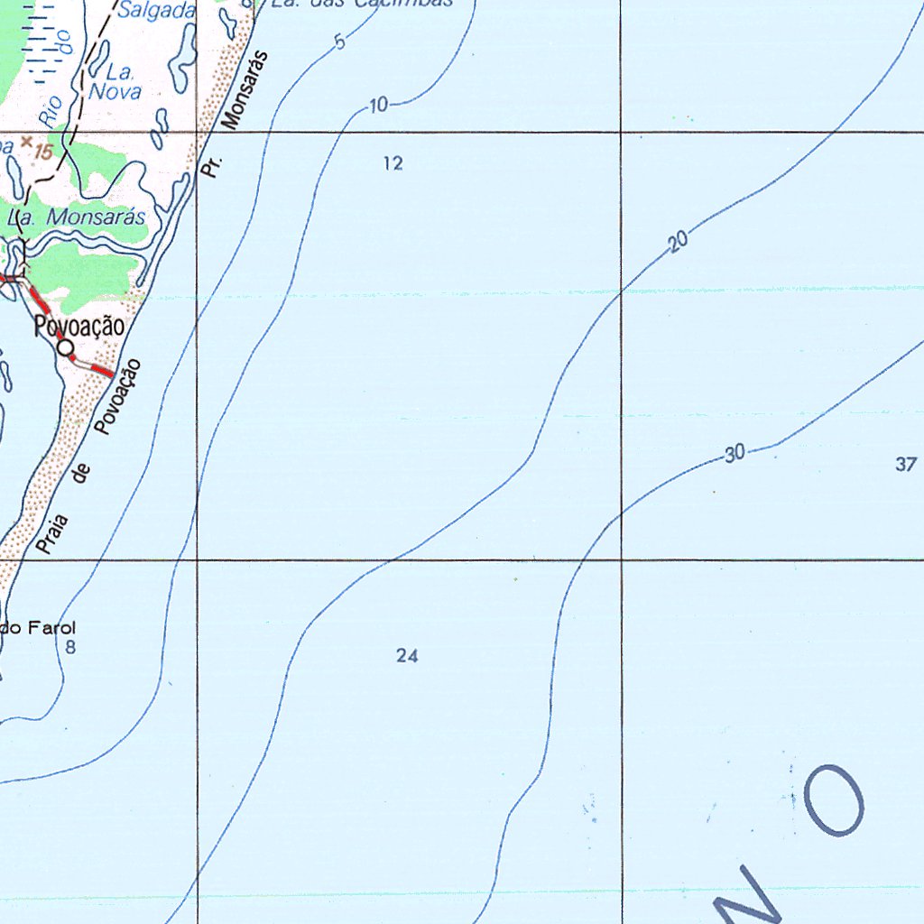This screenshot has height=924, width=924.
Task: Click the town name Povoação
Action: point(79,327)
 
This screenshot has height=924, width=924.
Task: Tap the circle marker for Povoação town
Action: point(65,347)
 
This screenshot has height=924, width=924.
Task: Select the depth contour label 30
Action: point(735,454)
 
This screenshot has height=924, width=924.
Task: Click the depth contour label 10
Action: point(378,106)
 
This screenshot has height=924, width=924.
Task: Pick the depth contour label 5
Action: point(339,42)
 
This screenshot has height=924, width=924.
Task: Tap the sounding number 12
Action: point(393,163)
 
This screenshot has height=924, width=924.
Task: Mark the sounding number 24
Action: point(407,656)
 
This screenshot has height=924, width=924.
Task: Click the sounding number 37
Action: point(906,465)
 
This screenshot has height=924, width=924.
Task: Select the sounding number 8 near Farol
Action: point(70,647)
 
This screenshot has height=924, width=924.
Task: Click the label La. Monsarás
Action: point(77,217)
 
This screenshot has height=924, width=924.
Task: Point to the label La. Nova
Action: point(115,82)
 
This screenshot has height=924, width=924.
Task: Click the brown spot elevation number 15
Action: point(43,152)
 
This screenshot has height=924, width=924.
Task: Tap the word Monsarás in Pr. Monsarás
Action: point(245,90)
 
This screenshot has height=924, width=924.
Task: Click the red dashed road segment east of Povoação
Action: point(98,369)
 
